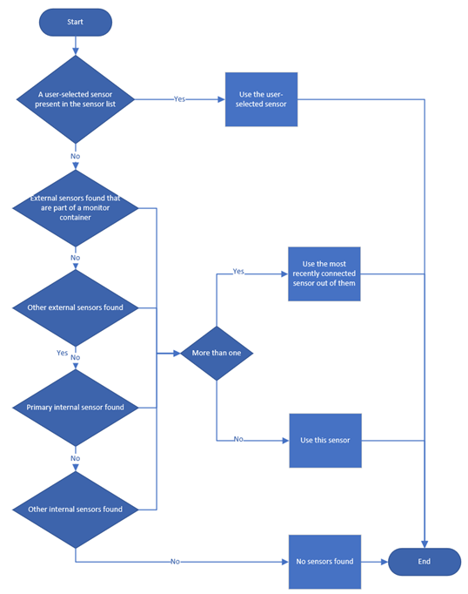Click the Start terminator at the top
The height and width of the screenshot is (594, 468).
coord(76,23)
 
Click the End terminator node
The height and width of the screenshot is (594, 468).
coord(424,562)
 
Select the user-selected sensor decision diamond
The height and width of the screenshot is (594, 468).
coord(76,99)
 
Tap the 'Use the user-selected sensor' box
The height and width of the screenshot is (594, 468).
coord(261,99)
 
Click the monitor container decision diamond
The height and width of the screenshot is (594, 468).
coord(76,208)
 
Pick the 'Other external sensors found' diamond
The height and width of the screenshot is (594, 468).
coord(76,307)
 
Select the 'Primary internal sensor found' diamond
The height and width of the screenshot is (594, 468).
coord(76,408)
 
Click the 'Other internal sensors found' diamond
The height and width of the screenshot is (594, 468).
coord(76,509)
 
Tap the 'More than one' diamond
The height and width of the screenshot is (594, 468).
coord(217,354)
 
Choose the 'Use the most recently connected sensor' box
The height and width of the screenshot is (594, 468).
coord(324,273)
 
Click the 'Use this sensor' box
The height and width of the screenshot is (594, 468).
coord(324,440)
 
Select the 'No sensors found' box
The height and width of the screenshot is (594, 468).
coord(324,562)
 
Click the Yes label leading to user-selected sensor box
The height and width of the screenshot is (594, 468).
coord(179,99)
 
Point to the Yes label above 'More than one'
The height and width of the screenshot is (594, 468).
coord(238,272)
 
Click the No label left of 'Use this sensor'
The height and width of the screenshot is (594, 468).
coord(238,440)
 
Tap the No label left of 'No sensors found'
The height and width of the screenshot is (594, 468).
coord(176,562)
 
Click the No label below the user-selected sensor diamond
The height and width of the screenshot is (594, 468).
coord(76,158)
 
